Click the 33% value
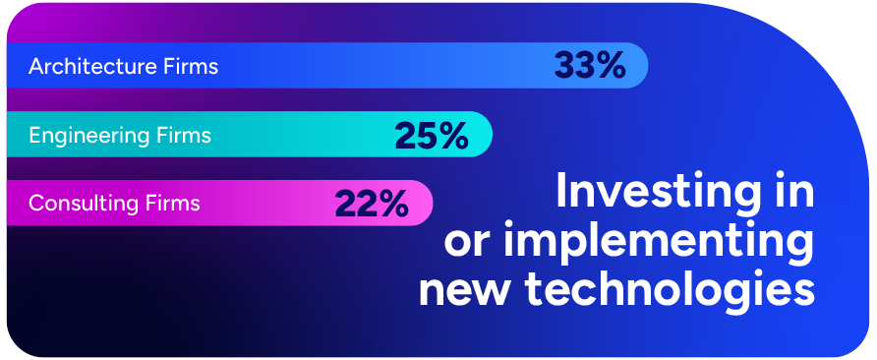coord(589,66)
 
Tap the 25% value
coord(431,135)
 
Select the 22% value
coord(371,204)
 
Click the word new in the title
coord(464,289)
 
